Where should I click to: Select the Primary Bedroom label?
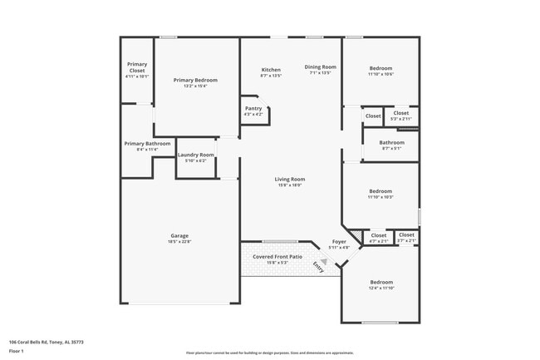click(x=195, y=81)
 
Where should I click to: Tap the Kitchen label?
click(x=271, y=70)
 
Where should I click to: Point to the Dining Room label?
click(x=320, y=67)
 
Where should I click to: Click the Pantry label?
click(x=253, y=108)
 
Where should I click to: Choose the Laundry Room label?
click(x=195, y=155)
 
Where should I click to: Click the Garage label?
click(x=179, y=236)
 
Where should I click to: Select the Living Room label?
click(x=291, y=179)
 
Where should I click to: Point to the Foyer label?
click(x=339, y=242)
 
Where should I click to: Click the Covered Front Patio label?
click(x=278, y=258)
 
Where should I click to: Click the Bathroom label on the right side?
click(x=392, y=142)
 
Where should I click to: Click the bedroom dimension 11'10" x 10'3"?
click(x=380, y=197)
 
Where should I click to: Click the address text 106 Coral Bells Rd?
click(x=46, y=341)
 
